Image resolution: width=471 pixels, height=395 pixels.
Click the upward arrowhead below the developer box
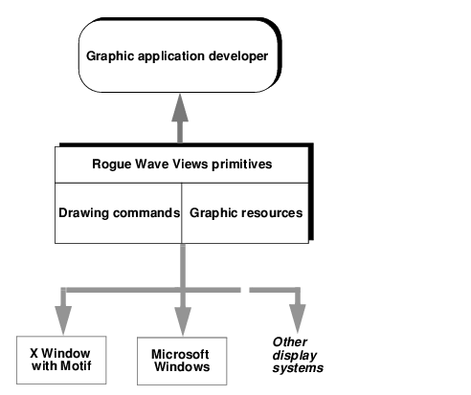pos(180,107)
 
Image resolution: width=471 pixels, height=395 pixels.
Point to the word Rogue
pos(112,165)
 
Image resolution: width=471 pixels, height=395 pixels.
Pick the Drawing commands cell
pos(119,213)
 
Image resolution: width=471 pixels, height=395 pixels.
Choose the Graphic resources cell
pos(245,213)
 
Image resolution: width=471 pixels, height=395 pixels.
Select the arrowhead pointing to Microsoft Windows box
pos(183,320)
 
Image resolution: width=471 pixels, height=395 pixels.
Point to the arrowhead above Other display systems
pos(298,318)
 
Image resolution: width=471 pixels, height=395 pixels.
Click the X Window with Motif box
pos(61,360)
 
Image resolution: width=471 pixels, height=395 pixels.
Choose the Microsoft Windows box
pos(182,361)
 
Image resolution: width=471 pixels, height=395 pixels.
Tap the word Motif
pos(76,366)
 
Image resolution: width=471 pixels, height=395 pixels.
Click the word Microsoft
pos(180,354)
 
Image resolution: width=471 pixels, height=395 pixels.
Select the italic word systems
pos(298,368)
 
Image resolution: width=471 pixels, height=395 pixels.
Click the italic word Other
pos(290,342)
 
